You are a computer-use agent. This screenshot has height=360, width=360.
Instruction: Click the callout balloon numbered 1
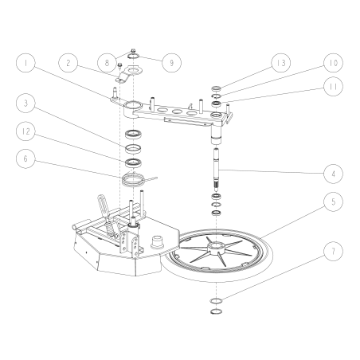click(26, 61)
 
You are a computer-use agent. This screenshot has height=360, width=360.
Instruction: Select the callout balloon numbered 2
click(70, 61)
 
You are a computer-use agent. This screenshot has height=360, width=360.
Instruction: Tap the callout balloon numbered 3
click(26, 103)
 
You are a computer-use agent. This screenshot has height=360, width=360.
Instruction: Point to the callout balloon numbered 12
click(26, 131)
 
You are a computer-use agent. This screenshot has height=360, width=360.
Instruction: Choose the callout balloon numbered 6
click(26, 158)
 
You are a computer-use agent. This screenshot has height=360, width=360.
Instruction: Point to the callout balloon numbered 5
click(333, 202)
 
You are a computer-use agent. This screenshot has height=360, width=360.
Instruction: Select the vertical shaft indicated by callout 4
click(217, 167)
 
